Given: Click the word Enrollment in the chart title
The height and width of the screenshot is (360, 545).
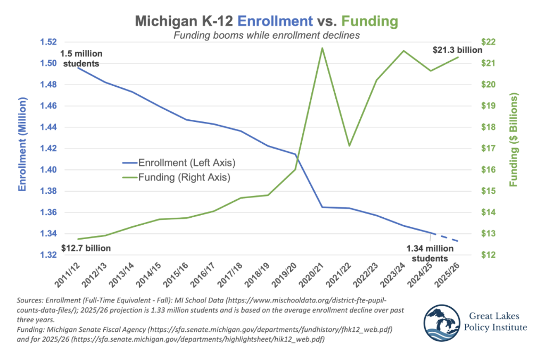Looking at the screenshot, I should [x=275, y=21].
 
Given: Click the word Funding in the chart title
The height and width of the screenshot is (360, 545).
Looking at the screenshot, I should [x=369, y=21].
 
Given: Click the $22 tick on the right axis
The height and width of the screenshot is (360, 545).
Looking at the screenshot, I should [x=488, y=42].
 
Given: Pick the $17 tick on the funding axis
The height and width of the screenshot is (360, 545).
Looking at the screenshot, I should [x=488, y=149].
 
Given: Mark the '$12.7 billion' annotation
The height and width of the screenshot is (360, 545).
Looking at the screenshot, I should [x=86, y=248].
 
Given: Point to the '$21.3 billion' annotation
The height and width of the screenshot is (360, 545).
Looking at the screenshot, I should [x=456, y=50].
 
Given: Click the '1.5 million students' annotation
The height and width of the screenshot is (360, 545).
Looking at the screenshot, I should [x=81, y=59].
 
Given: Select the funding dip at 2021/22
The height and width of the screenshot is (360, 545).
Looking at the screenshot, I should [x=349, y=145].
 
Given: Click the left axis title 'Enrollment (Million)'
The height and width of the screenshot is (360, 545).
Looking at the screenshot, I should [x=22, y=144].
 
